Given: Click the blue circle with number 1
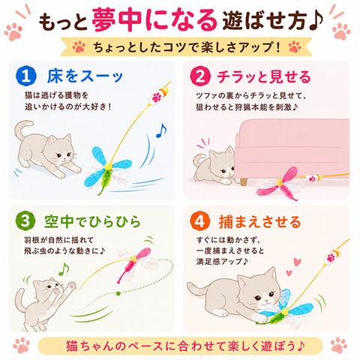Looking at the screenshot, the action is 26,76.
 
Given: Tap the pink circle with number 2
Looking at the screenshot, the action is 200,76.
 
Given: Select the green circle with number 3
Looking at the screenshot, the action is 25,221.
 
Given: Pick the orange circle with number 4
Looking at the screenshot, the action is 199,221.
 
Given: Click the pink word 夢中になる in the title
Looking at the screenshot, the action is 154,20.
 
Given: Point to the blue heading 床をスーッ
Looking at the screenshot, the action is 85,76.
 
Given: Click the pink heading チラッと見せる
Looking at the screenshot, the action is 264,76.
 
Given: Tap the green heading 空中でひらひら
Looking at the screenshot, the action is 92,221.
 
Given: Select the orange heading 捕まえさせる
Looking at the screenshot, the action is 259,222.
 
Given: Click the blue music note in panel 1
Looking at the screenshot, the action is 161,130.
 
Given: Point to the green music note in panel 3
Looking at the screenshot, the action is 64,269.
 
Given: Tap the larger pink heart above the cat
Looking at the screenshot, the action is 297,262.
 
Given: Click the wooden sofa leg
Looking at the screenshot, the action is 243,181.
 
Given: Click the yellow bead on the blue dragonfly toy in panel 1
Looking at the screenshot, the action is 108,166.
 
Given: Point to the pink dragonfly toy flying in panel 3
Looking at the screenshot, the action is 134,264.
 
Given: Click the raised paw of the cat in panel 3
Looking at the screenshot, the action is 72,286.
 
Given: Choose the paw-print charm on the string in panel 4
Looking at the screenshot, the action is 331,257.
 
